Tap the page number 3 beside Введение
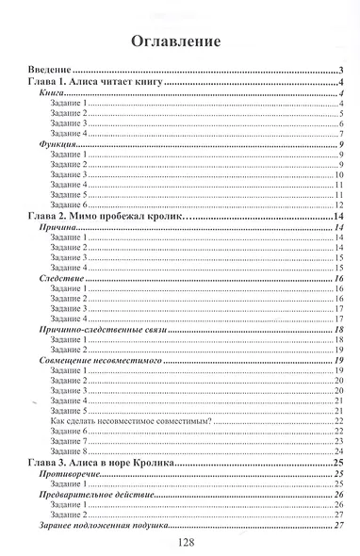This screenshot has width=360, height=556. click(339, 72)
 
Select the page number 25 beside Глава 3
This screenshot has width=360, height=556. click(337, 462)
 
